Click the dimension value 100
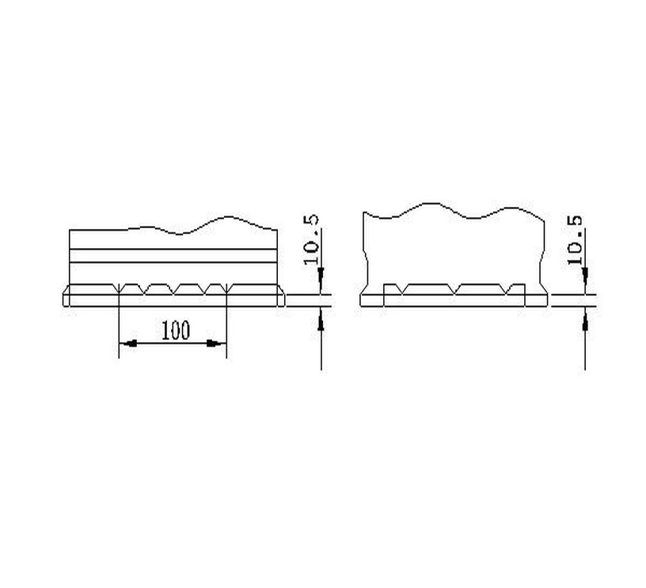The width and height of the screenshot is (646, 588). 176,330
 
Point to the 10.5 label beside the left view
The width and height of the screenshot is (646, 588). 311,239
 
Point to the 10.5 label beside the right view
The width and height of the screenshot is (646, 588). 575,239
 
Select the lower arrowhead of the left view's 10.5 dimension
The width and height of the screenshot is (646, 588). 321,320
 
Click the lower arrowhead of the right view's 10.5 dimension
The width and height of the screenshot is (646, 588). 584,320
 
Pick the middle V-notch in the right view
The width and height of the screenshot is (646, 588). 454,289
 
